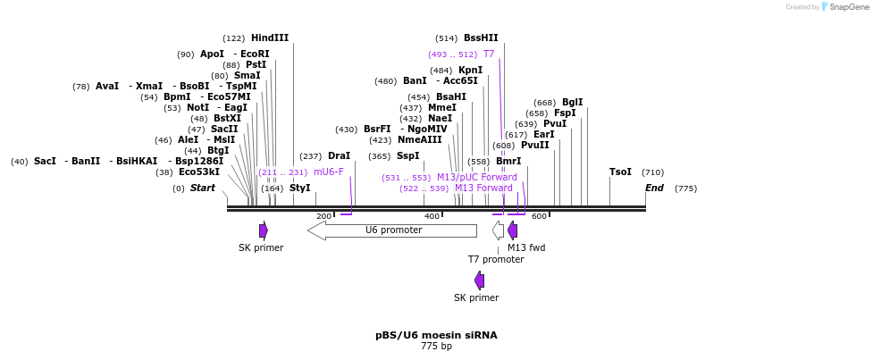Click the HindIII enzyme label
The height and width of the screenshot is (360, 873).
pyautogui.click(x=269, y=38)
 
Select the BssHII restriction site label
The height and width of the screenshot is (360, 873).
pyautogui.click(x=481, y=38)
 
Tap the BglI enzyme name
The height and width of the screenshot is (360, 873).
pyautogui.click(x=572, y=102)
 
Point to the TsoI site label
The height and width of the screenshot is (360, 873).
pyautogui.click(x=620, y=172)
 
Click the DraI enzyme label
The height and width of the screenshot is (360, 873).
pyautogui.click(x=339, y=155)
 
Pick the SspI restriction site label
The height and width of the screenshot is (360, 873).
pyautogui.click(x=407, y=155)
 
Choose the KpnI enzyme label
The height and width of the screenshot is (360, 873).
pyautogui.click(x=470, y=70)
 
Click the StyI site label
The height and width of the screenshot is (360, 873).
pyautogui.click(x=299, y=188)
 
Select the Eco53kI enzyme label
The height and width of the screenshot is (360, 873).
pyautogui.click(x=198, y=172)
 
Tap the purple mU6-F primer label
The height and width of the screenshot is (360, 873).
pyautogui.click(x=328, y=172)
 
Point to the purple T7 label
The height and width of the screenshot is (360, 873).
pyautogui.click(x=489, y=54)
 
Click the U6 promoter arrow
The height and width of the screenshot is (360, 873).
pyautogui.click(x=393, y=230)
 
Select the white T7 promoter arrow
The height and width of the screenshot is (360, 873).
pyautogui.click(x=498, y=230)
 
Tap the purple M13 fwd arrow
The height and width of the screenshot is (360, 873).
pyautogui.click(x=512, y=230)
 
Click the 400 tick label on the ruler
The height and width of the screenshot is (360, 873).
pyautogui.click(x=432, y=216)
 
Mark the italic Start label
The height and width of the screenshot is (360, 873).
pyautogui.click(x=202, y=188)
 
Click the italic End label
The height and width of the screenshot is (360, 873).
pyautogui.click(x=654, y=188)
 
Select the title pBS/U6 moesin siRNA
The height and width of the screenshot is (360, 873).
pyautogui.click(x=436, y=335)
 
